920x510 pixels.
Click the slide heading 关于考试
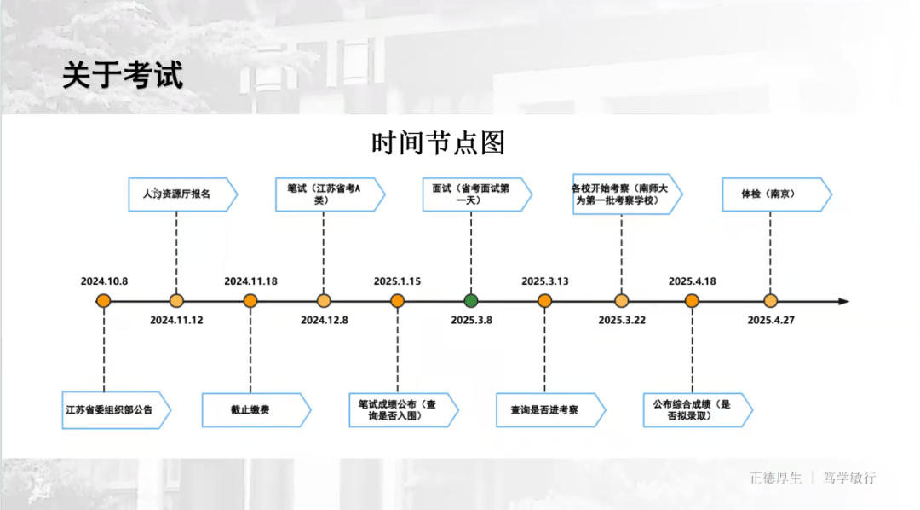coord(122,75)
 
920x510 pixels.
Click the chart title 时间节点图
coord(438,142)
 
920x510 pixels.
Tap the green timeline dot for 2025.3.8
coord(471,300)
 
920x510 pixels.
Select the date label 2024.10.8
coord(104,281)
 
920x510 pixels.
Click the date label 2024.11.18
coord(250,281)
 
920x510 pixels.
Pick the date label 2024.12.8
coord(325,320)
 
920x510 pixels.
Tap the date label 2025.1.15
coord(397,281)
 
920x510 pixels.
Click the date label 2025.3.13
coord(545,281)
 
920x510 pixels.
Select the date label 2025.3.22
coord(622,320)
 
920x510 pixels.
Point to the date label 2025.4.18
coord(692,281)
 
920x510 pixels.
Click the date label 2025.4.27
coord(771,320)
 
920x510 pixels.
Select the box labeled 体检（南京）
coord(773,194)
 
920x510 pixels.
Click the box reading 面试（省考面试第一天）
coord(473,194)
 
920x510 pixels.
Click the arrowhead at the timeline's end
coord(843,301)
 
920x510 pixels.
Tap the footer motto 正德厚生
coord(776,478)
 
